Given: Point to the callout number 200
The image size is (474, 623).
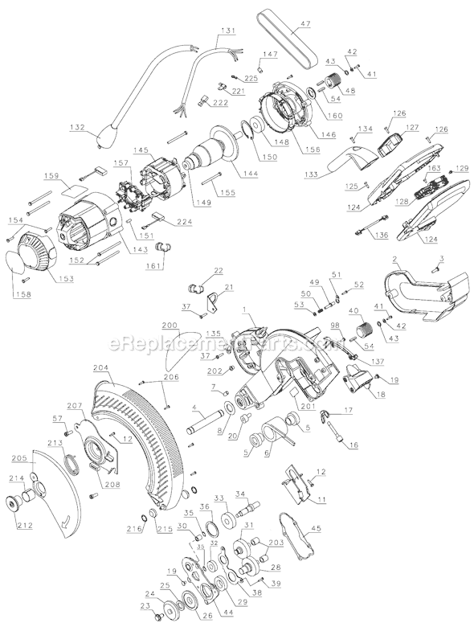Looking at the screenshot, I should (x=169, y=327).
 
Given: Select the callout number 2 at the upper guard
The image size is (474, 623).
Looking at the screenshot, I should (x=394, y=258).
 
